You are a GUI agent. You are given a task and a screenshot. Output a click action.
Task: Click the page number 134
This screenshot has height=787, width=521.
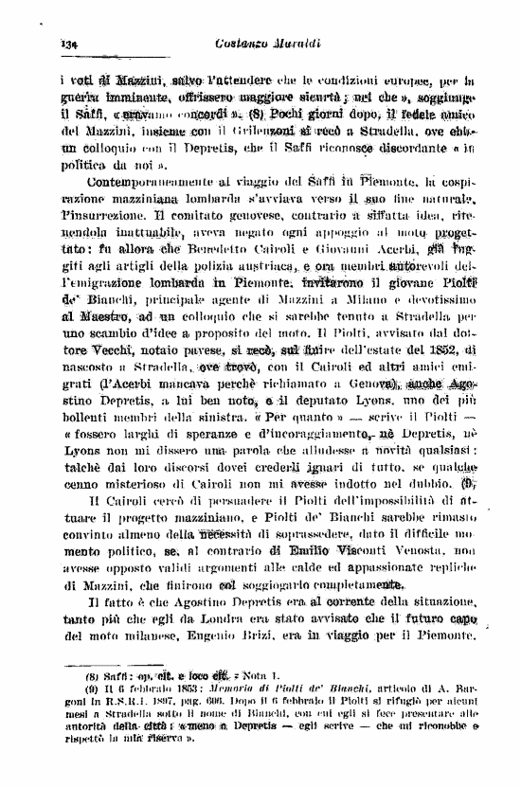tap(67, 44)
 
